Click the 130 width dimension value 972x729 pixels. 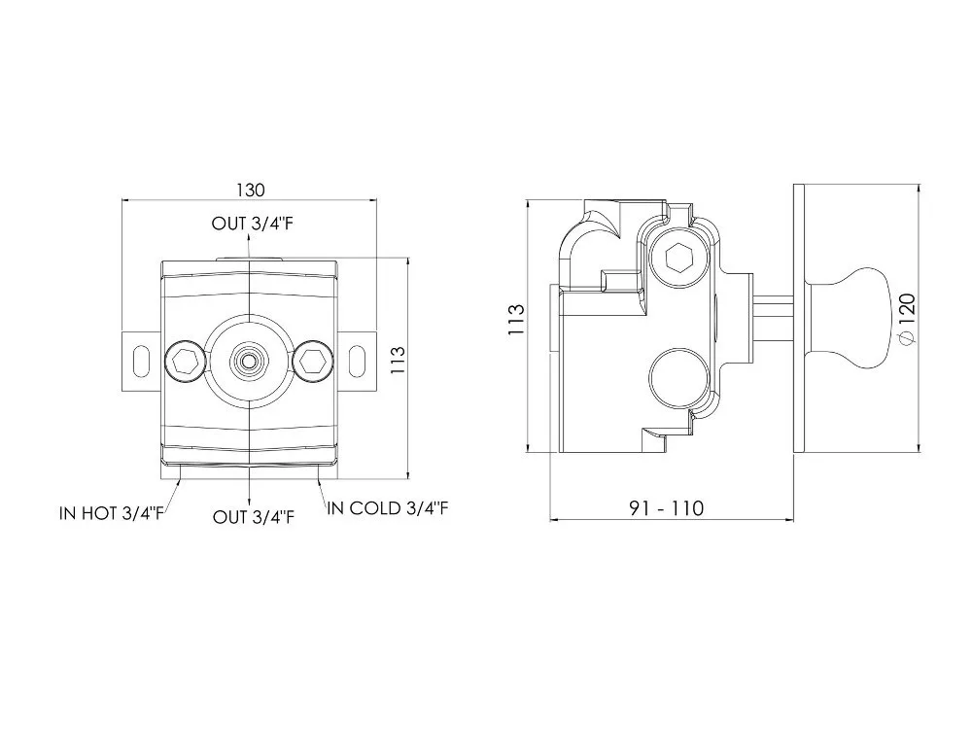(251, 190)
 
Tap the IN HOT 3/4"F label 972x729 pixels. (112, 513)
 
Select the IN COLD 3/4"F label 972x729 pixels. (388, 508)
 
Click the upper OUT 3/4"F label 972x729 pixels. (253, 224)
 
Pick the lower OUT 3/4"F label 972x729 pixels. (254, 517)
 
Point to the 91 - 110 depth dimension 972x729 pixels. (667, 508)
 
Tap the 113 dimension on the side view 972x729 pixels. (516, 320)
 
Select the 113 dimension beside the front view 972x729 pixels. (398, 361)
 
